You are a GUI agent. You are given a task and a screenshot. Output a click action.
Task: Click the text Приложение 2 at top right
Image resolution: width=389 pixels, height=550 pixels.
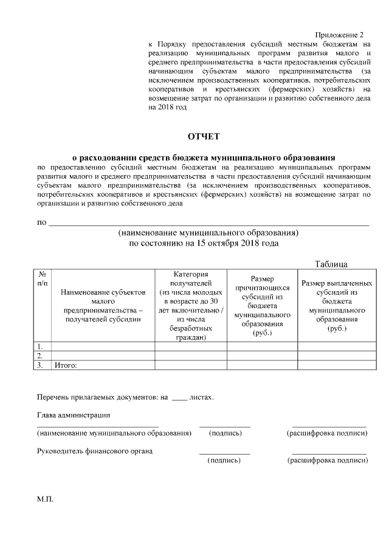pyautogui.click(x=343, y=35)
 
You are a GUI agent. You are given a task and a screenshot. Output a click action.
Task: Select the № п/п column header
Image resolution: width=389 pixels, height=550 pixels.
pyautogui.click(x=43, y=279)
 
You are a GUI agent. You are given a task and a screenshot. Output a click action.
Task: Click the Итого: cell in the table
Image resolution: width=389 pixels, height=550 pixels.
pyautogui.click(x=68, y=365)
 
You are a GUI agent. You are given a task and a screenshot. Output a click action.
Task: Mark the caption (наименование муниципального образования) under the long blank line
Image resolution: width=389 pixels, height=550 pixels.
pyautogui.click(x=209, y=233)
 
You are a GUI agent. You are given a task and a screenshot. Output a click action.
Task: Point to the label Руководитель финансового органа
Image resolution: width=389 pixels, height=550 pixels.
pyautogui.click(x=95, y=451)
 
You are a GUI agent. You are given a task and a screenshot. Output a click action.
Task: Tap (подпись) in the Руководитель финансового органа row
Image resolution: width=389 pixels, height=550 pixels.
pyautogui.click(x=224, y=461)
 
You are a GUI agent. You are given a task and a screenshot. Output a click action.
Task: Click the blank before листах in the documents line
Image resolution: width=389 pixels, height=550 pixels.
pyautogui.click(x=180, y=397)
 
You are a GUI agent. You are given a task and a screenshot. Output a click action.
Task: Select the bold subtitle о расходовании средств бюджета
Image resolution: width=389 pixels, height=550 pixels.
pyautogui.click(x=204, y=156)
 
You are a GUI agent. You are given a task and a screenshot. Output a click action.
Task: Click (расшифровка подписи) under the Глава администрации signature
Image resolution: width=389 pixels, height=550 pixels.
pyautogui.click(x=327, y=433)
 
